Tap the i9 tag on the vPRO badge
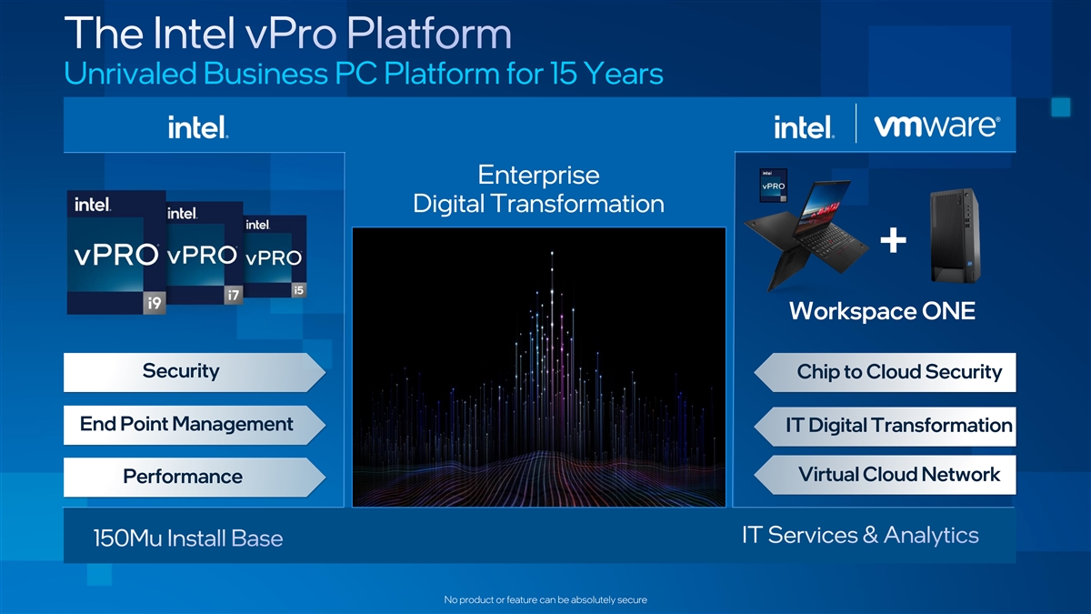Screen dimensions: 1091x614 coord(155,303)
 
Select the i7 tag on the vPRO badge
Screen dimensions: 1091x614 coord(234,295)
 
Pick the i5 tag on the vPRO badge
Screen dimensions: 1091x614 coord(298,290)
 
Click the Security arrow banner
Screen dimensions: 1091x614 coord(195,372)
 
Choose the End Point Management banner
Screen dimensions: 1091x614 coord(195,425)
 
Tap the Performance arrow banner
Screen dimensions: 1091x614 coord(195,477)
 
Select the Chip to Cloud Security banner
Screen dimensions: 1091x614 coord(885,373)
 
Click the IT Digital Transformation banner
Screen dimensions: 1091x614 coord(885,427)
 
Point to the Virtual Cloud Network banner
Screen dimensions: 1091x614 coord(885,475)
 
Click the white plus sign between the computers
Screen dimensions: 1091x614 coord(893,240)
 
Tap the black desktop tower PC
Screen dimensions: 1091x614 coord(956,236)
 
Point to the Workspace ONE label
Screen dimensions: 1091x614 coord(882,311)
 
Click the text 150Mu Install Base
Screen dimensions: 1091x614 coord(188,539)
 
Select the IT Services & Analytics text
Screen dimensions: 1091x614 coord(860,535)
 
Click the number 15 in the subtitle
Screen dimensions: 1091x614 coord(564,74)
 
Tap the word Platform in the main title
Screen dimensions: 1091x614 coord(429,34)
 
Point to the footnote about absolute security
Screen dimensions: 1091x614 coord(545,599)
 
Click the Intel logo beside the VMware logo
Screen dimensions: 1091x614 coord(804,126)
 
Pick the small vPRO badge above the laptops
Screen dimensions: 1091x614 coord(774,186)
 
